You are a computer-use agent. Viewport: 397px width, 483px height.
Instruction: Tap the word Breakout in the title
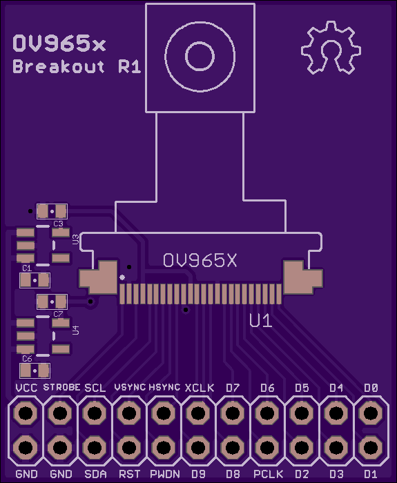tap(59, 66)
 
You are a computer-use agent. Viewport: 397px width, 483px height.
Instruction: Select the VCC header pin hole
tap(26, 413)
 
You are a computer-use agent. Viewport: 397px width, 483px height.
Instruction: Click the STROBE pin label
tap(61, 387)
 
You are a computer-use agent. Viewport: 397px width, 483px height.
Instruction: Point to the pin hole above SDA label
tap(95, 413)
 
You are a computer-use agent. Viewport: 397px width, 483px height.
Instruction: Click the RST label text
tap(130, 474)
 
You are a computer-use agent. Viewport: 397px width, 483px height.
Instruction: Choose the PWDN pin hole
tap(164, 447)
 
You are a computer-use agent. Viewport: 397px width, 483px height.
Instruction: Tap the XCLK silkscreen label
tap(200, 388)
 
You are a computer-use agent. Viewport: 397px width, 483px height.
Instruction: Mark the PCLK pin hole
tap(267, 447)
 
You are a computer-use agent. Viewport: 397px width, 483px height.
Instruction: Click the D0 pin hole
tap(371, 413)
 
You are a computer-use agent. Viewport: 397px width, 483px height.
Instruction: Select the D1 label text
tap(371, 474)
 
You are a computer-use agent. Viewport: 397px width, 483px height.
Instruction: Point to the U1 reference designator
tap(261, 321)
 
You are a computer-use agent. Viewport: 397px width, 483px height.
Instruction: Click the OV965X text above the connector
tap(200, 261)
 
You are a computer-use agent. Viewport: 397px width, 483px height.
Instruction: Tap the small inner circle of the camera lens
tap(200, 57)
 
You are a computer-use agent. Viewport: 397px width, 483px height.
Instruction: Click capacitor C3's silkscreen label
tap(58, 224)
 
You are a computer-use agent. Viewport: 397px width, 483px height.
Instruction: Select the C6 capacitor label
tap(27, 359)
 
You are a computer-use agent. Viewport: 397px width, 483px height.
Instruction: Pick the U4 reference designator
tap(75, 330)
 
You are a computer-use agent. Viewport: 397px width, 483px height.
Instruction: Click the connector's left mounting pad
tap(98, 277)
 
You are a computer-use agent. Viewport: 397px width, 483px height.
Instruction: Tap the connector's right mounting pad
tap(303, 277)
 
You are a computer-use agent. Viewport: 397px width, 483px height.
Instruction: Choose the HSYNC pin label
tap(164, 387)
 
